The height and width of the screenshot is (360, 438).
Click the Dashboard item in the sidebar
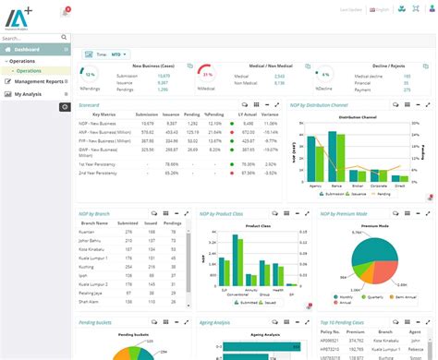[28, 49]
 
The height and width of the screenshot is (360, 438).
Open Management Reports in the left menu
[40, 81]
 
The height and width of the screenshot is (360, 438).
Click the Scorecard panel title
[91, 106]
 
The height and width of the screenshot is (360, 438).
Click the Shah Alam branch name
[90, 301]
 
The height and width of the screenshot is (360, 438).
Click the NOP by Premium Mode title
[343, 213]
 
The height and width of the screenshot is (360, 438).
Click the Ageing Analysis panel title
[223, 323]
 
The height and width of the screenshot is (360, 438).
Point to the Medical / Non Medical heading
[241, 66]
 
